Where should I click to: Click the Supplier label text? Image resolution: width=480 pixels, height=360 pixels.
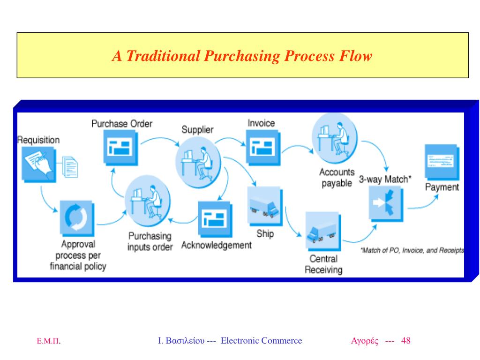(197, 130)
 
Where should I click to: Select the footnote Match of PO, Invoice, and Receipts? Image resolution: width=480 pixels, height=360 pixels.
(412, 251)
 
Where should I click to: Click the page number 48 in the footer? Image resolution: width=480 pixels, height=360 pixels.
(406, 341)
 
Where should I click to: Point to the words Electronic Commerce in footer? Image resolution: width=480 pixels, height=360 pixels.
(261, 341)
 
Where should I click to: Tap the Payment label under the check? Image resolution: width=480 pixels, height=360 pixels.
(442, 187)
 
